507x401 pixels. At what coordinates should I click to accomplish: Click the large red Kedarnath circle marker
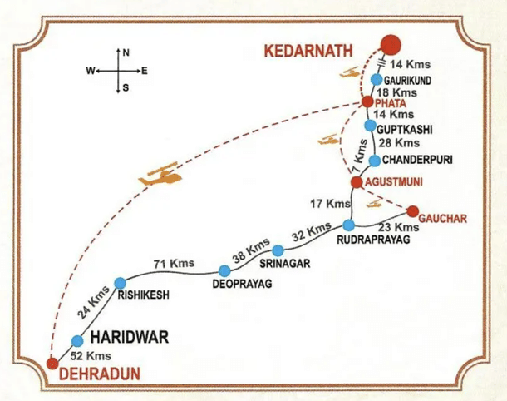pyautogui.click(x=389, y=45)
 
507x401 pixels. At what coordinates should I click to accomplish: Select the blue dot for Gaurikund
pyautogui.click(x=377, y=80)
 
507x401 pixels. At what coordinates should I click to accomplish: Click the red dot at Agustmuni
pyautogui.click(x=357, y=181)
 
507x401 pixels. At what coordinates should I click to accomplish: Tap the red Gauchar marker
pyautogui.click(x=412, y=210)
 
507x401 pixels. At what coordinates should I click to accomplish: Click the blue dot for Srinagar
pyautogui.click(x=278, y=250)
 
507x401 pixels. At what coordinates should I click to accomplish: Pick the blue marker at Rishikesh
pyautogui.click(x=120, y=283)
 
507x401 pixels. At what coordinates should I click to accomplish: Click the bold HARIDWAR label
pyautogui.click(x=130, y=338)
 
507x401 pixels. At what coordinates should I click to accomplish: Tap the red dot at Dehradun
pyautogui.click(x=52, y=364)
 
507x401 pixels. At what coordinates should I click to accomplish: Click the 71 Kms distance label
pyautogui.click(x=174, y=264)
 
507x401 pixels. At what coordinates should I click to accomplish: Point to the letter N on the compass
pyautogui.click(x=126, y=52)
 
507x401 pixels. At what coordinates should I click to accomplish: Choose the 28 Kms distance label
pyautogui.click(x=394, y=143)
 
